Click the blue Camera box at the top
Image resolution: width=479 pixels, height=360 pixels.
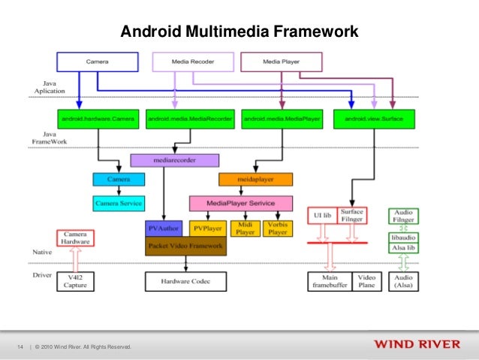97,61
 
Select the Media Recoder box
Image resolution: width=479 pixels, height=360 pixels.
192,61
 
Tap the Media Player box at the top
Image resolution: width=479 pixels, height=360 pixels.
282,61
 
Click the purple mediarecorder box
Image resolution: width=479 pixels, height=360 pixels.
174,160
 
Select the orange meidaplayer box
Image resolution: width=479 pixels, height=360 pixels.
249,180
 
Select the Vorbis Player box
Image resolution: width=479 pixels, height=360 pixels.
277,228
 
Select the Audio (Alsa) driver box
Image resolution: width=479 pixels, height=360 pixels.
404,281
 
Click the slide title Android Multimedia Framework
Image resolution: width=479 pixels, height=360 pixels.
239,32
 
